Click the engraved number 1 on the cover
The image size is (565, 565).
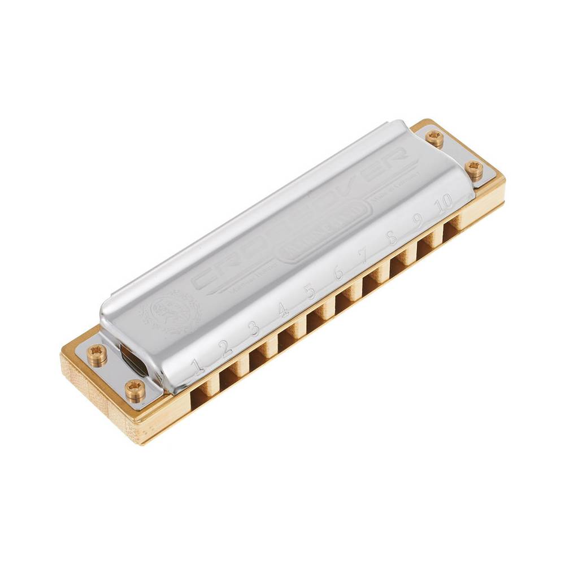tap(198, 366)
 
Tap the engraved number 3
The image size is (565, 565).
tap(255, 328)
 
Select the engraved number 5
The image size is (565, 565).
tap(310, 292)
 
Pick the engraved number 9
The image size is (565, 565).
tap(419, 220)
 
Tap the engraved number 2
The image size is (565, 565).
tap(226, 347)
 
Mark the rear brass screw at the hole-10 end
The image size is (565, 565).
tap(434, 136)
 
